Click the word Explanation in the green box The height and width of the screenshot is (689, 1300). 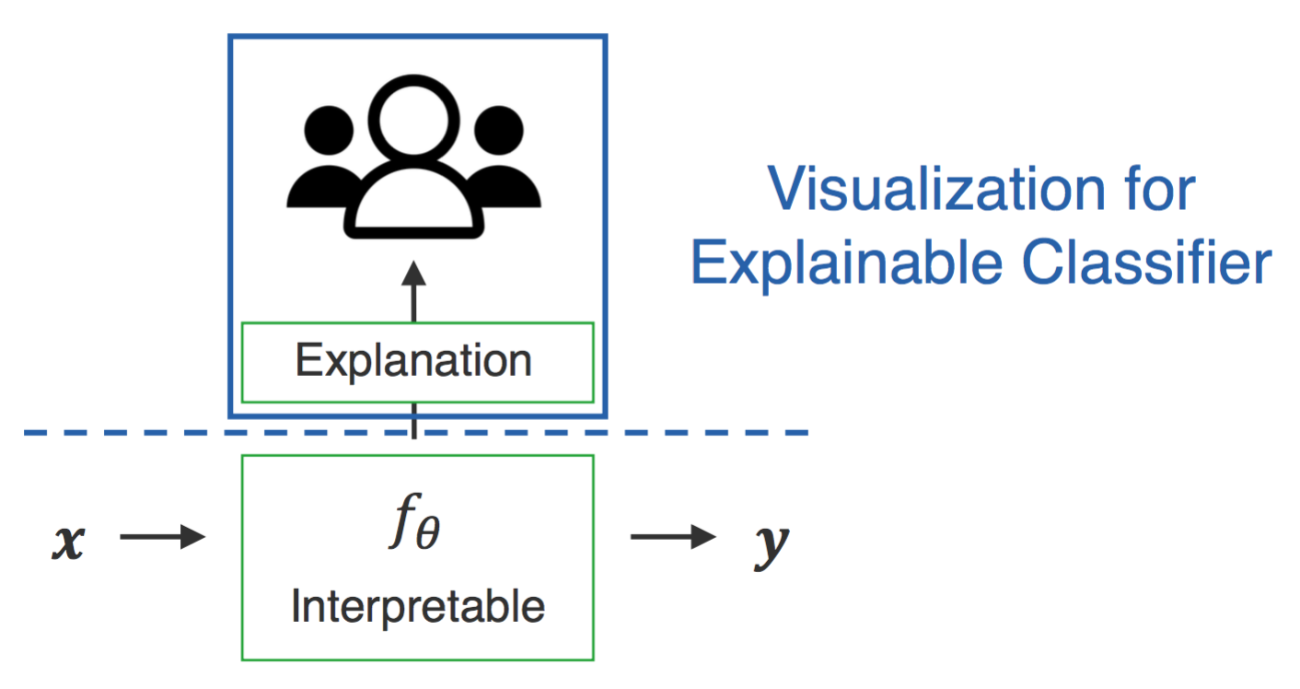pyautogui.click(x=413, y=362)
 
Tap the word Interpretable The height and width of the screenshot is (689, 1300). pyautogui.click(x=418, y=607)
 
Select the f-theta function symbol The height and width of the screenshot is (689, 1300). pyautogui.click(x=414, y=520)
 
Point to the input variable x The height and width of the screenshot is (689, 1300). pyautogui.click(x=69, y=543)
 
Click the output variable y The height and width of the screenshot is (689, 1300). pyautogui.click(x=772, y=546)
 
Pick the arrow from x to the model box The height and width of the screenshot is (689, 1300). pyautogui.click(x=162, y=536)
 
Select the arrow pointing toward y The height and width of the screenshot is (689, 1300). pyautogui.click(x=673, y=536)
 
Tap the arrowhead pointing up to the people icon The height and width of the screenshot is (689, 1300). pyautogui.click(x=413, y=273)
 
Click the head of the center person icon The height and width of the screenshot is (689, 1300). pyautogui.click(x=413, y=120)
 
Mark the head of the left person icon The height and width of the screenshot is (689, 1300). pyautogui.click(x=329, y=131)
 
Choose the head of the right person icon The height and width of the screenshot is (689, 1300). pyautogui.click(x=498, y=131)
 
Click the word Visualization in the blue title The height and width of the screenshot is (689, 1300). pyautogui.click(x=936, y=189)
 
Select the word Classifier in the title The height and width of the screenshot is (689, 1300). pyautogui.click(x=1147, y=262)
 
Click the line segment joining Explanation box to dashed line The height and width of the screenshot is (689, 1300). pyautogui.click(x=413, y=420)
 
